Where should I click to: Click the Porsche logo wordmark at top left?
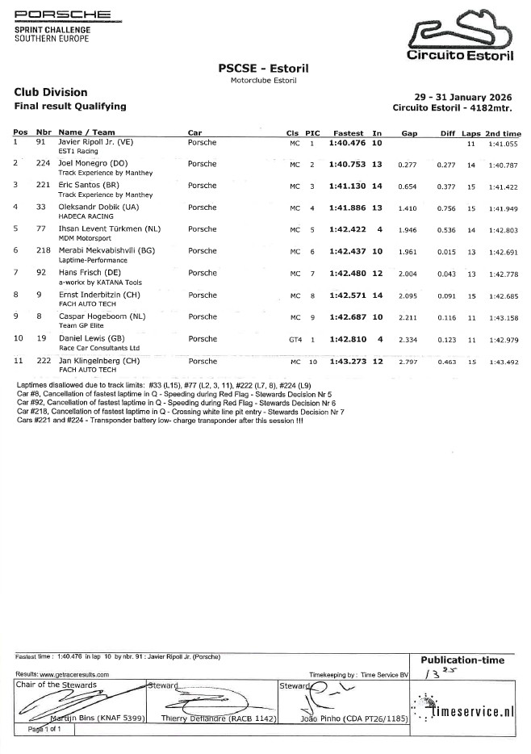[64, 15]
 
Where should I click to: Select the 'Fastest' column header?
[348, 132]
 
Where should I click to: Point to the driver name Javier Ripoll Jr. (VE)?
[96, 143]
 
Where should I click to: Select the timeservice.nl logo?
[468, 710]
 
